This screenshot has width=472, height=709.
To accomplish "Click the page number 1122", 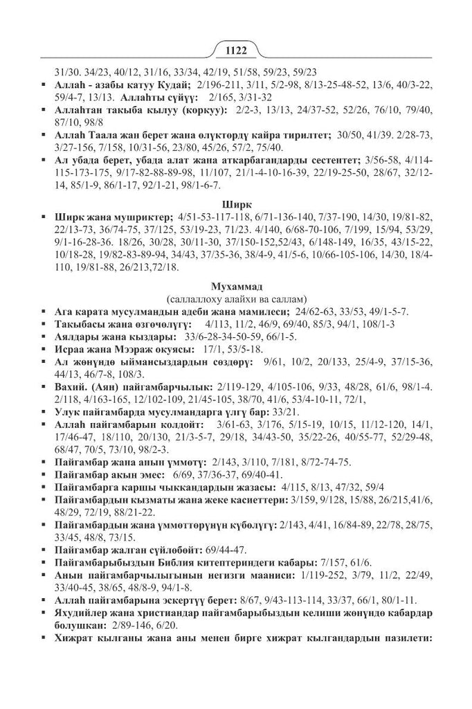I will (236, 50).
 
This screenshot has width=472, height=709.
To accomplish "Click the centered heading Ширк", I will (235, 204).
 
